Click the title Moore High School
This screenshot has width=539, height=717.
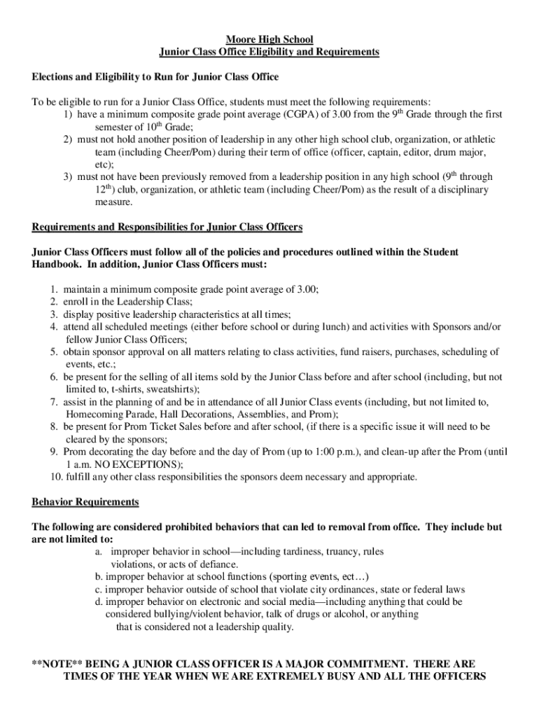[269, 39]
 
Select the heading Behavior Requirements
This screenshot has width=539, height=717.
[85, 502]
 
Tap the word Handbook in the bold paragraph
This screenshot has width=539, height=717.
[59, 264]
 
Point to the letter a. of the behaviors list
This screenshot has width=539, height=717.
[99, 552]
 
